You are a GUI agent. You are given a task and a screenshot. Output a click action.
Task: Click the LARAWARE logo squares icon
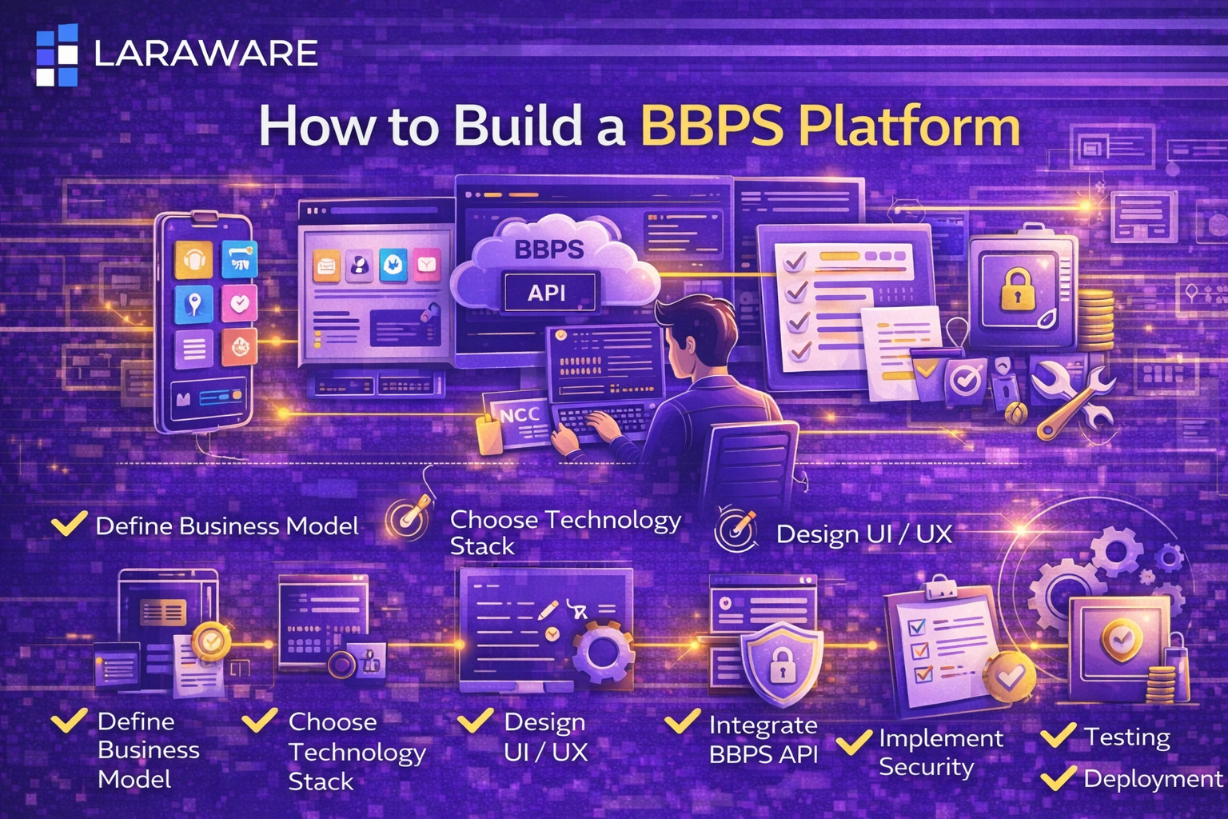pos(57,54)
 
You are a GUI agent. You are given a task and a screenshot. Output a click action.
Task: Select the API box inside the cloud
pos(548,293)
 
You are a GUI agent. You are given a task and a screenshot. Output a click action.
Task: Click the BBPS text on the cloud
pos(548,249)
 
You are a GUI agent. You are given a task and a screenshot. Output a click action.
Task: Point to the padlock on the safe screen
pos(1017,290)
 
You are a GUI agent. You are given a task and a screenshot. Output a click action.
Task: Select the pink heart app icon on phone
pos(239,303)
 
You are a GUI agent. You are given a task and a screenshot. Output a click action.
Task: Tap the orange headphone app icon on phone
pos(193,260)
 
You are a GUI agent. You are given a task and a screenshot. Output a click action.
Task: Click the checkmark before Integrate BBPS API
pos(682,721)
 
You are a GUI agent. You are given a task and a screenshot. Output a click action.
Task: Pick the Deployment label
pos(1152,778)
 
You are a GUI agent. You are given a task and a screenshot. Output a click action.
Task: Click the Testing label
pos(1126,736)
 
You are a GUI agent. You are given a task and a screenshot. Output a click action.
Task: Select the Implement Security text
pos(940,752)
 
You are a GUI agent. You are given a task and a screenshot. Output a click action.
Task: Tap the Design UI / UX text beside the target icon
pos(864,533)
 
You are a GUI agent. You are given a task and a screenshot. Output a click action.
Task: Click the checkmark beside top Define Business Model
pos(70,525)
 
